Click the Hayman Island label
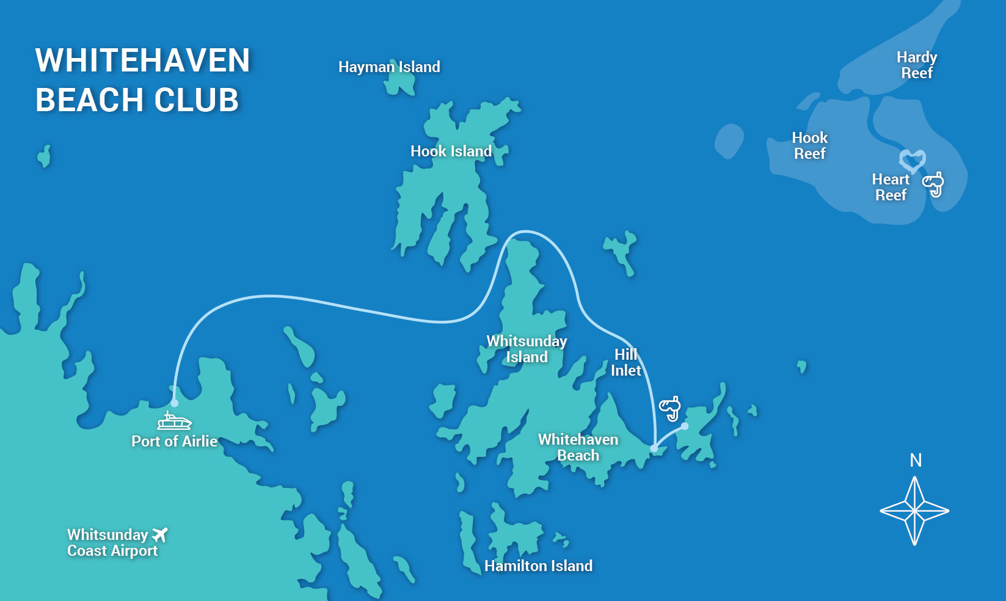(x=389, y=67)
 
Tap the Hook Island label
(x=451, y=151)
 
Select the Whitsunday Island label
(x=527, y=349)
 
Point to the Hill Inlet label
(x=625, y=362)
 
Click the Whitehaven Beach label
(x=578, y=447)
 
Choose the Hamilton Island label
(x=538, y=566)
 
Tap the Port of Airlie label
(x=174, y=441)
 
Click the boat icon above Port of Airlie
(x=175, y=421)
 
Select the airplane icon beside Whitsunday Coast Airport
(x=160, y=534)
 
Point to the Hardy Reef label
(x=916, y=65)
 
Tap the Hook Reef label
(x=809, y=145)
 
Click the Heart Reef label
(x=891, y=187)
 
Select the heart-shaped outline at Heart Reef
(x=913, y=161)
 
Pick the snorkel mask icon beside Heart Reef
(x=934, y=184)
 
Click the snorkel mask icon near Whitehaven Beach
(x=670, y=408)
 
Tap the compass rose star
(x=914, y=511)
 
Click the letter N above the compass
(x=915, y=460)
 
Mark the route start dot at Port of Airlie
(x=175, y=403)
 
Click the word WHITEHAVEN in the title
(x=143, y=60)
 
